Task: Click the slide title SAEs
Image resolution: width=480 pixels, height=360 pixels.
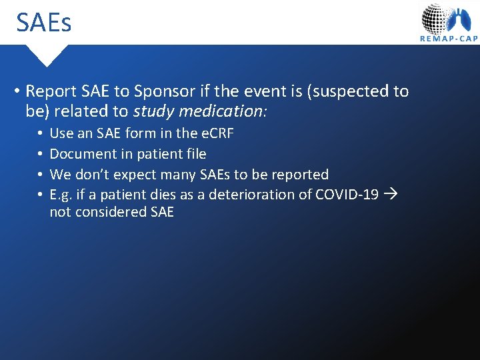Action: coord(44,23)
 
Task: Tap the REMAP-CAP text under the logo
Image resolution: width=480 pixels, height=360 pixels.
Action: coord(449,39)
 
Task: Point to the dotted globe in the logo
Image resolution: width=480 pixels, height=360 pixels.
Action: coord(435,18)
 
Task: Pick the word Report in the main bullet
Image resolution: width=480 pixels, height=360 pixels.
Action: coord(51,91)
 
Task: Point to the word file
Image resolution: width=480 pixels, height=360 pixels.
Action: coord(195,154)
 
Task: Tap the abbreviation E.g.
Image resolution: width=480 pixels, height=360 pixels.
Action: coord(61,195)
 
